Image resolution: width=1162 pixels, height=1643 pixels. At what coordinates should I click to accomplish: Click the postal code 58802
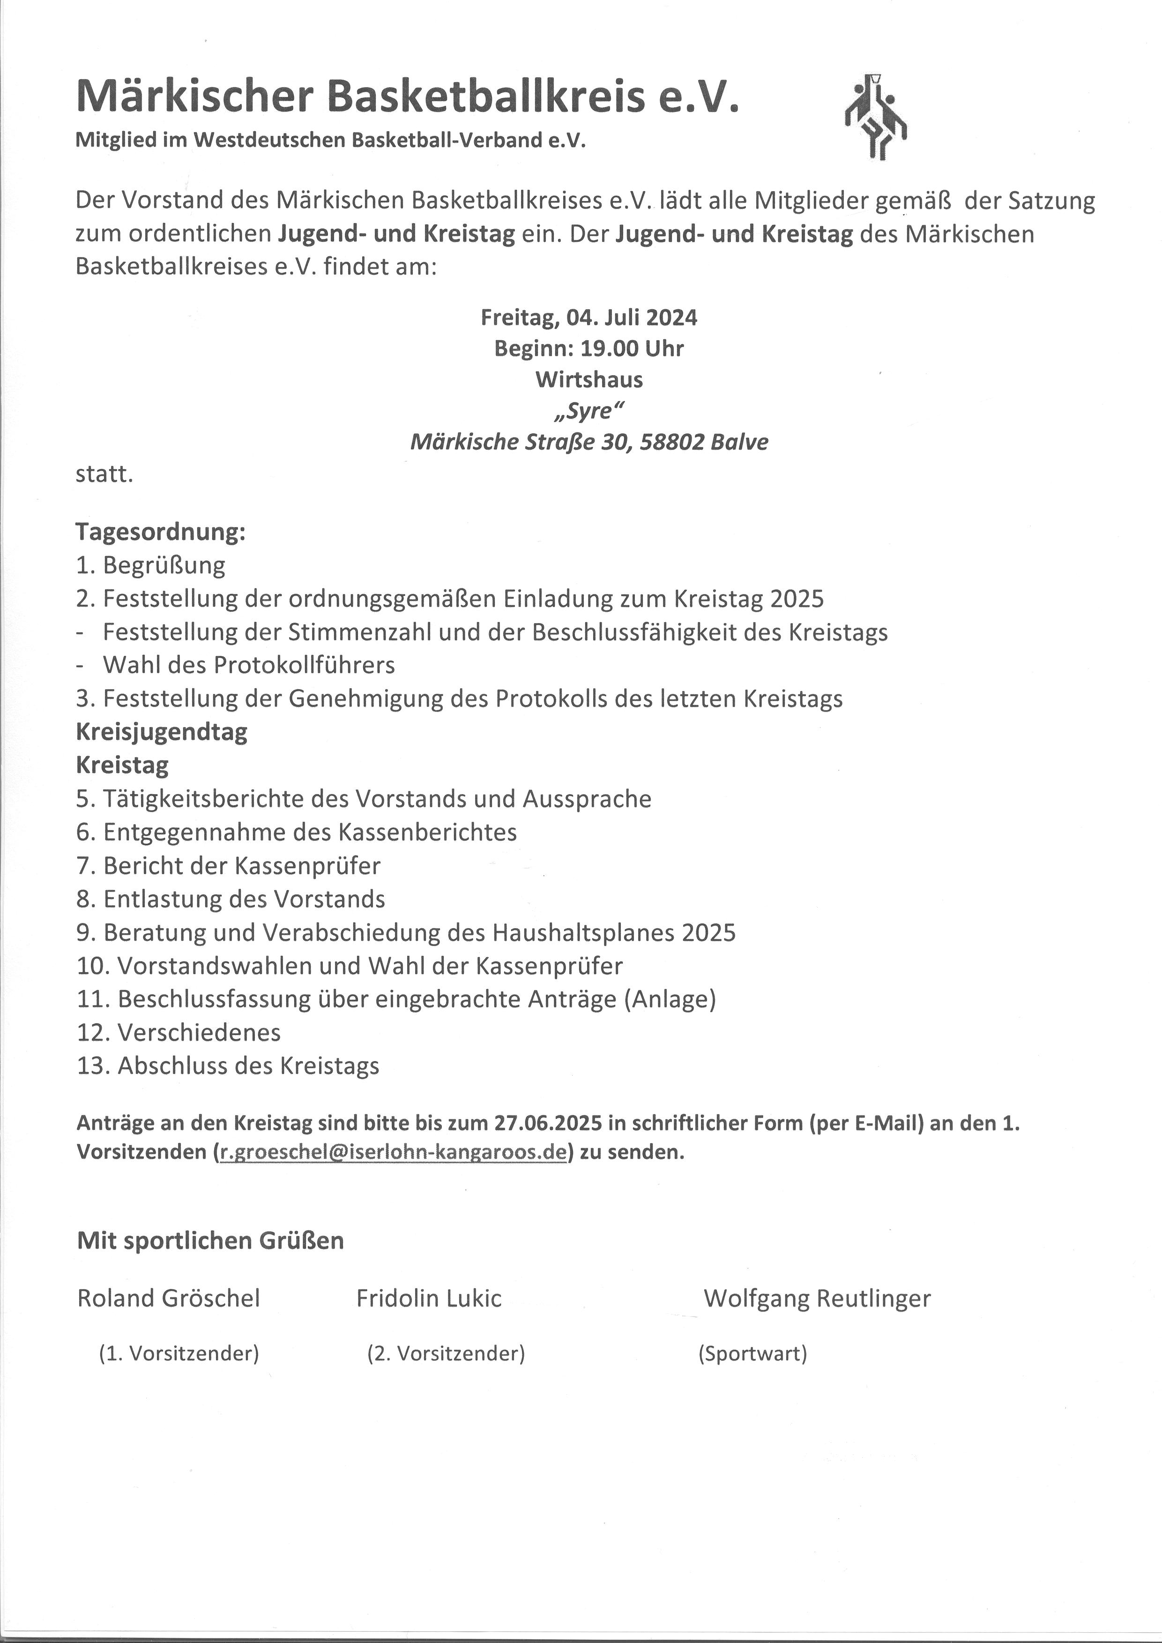pos(671,441)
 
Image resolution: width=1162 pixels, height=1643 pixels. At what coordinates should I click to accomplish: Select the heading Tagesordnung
pos(160,532)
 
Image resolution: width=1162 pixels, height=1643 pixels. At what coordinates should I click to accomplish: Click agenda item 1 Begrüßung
pos(150,565)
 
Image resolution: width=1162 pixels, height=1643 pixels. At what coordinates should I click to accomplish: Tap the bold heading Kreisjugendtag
pos(162,731)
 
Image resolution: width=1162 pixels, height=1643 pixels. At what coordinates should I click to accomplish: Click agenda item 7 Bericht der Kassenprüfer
pos(228,865)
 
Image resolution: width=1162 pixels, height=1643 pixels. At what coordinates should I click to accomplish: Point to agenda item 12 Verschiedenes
pos(179,1032)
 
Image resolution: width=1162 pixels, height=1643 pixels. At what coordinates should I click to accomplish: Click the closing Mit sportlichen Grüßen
pos(210,1240)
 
